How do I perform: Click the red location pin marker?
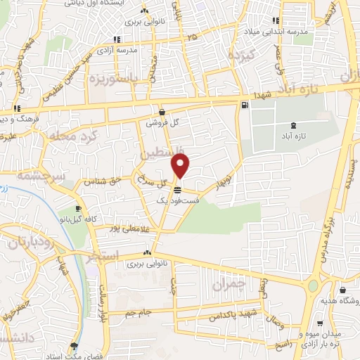click(181, 166)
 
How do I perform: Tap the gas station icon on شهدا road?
click(244, 105)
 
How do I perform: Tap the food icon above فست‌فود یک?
click(179, 190)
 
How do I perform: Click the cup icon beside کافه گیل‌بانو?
click(79, 209)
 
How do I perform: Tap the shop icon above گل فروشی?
click(162, 111)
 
